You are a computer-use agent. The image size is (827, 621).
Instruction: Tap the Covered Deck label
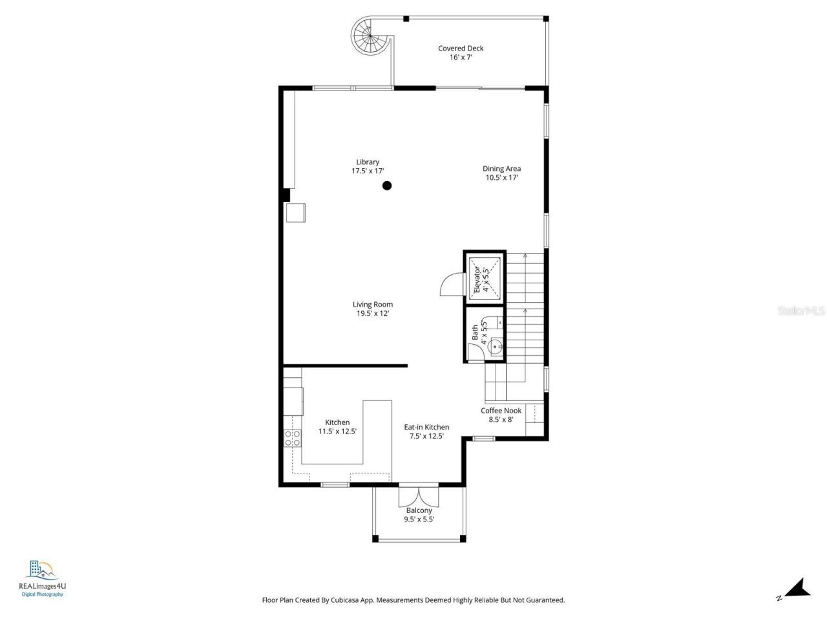click(x=461, y=48)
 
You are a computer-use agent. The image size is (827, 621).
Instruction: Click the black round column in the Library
click(x=387, y=186)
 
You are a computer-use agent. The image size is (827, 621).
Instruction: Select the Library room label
click(x=368, y=162)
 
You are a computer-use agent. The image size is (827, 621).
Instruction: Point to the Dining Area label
click(x=501, y=168)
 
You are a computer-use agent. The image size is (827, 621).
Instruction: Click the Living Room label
click(x=372, y=304)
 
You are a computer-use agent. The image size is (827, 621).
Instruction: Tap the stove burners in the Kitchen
click(x=293, y=439)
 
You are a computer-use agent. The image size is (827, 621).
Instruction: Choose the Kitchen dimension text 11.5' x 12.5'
click(x=337, y=431)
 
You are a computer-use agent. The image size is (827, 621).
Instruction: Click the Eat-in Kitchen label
click(x=426, y=427)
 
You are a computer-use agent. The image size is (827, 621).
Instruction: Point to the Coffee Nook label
click(x=501, y=410)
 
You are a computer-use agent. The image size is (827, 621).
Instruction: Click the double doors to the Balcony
click(x=419, y=496)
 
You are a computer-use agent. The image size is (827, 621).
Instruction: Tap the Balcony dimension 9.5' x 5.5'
click(x=419, y=519)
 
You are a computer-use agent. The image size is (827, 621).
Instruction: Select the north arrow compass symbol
click(x=800, y=588)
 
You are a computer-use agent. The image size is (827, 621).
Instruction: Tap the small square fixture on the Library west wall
click(x=296, y=213)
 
